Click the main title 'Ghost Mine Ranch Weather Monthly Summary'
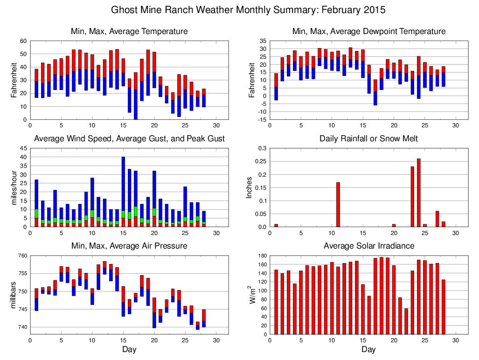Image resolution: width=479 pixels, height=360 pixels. [x=248, y=10]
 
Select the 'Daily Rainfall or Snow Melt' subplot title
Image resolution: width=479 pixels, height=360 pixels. [x=368, y=139]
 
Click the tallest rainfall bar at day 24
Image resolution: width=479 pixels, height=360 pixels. [x=419, y=193]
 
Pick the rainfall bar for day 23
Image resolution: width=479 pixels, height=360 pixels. [x=412, y=196]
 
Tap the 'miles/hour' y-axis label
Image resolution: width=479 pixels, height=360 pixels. [x=13, y=187]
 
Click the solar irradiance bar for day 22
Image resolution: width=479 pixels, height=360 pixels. [x=406, y=321]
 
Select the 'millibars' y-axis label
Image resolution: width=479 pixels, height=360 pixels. [x=13, y=295]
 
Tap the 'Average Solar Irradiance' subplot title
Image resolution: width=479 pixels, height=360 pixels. [x=368, y=246]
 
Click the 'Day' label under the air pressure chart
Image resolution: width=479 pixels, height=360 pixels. [x=129, y=349]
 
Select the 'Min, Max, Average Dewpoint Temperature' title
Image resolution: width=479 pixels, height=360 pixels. [x=368, y=31]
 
